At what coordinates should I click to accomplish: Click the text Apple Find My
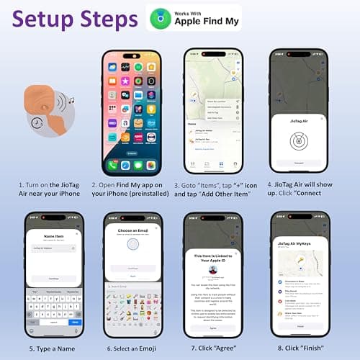[x=203, y=22]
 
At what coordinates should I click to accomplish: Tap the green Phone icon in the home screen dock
[x=112, y=165]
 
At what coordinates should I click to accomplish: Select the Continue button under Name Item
[x=54, y=278]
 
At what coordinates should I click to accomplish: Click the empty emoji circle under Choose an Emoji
[x=132, y=246]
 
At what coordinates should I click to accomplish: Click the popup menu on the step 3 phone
[x=224, y=109]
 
